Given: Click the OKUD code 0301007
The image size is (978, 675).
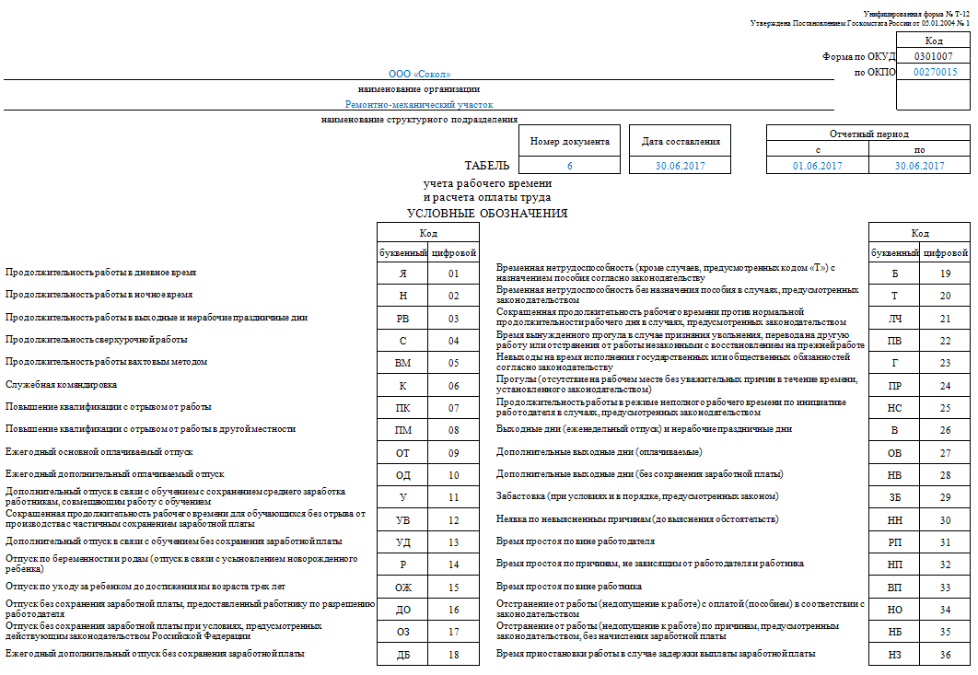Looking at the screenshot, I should click(934, 56).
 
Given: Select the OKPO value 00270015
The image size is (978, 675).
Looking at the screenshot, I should click(934, 72).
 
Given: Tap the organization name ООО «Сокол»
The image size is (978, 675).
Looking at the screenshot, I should click(420, 74).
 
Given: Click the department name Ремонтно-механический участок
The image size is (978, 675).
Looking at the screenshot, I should click(420, 105).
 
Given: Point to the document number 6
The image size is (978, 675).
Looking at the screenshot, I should click(569, 166).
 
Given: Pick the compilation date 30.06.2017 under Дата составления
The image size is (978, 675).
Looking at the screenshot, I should click(680, 166).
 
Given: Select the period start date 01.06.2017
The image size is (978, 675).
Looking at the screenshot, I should click(818, 166).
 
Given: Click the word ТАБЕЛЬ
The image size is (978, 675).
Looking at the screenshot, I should click(486, 166).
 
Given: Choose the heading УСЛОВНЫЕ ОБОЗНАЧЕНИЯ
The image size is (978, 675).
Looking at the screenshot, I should click(487, 214).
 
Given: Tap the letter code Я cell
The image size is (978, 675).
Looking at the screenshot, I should click(402, 273).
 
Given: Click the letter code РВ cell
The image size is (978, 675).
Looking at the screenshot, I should click(402, 318).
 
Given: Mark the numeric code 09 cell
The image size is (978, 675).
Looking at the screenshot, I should click(453, 452).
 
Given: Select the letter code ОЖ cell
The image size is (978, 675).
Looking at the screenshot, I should click(402, 587).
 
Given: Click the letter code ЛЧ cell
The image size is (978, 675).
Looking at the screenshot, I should click(894, 318).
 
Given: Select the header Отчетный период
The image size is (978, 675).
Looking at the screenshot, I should click(868, 134).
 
